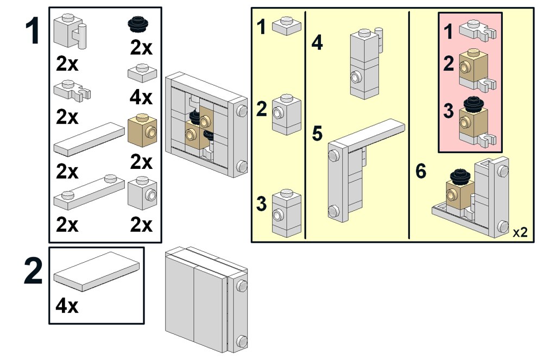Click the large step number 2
33,273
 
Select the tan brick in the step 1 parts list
142,130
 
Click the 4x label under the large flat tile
67,306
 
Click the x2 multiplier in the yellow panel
520,232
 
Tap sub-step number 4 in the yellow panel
317,43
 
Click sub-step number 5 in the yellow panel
318,134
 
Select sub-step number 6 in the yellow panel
421,171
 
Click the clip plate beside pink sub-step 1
478,30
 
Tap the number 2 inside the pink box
448,64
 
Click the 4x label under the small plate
141,98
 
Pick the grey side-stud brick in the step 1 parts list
142,192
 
